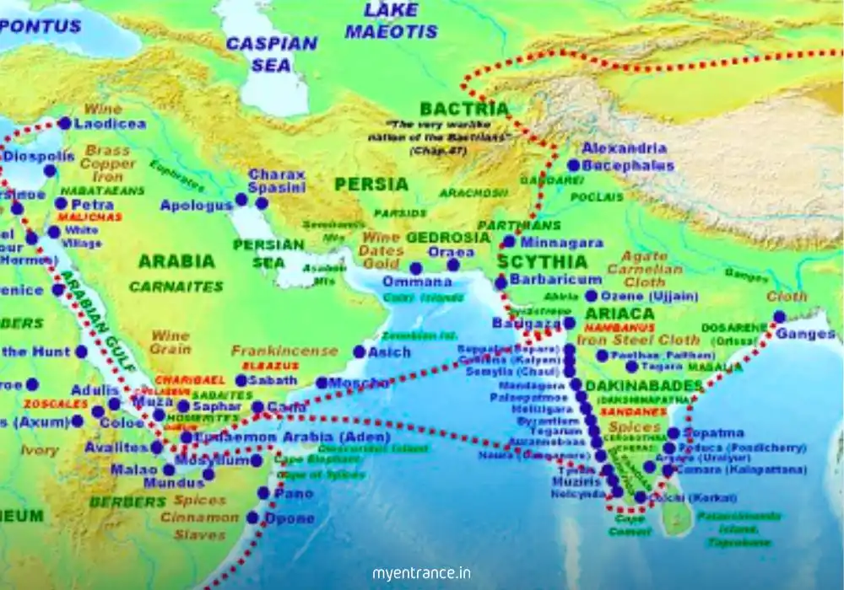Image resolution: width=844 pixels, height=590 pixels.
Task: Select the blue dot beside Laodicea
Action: point(65,123)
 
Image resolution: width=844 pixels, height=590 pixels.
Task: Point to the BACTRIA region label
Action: point(464,110)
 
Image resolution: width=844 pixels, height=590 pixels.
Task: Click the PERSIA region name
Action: point(371,184)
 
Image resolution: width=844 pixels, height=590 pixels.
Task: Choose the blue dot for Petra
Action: point(61,204)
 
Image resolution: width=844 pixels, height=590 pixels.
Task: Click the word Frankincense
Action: point(284,351)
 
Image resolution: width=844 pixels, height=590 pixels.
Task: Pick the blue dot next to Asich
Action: point(360,352)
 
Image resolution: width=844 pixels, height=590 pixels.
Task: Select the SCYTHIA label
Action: point(542,261)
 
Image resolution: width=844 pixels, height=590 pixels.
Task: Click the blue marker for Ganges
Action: point(779,317)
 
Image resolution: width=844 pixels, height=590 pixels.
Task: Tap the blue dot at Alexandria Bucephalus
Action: point(574,166)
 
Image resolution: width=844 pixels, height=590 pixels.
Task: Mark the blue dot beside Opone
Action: point(252,518)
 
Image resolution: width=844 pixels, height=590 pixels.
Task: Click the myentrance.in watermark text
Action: point(422,573)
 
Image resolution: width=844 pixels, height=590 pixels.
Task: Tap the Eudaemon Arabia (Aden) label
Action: point(291,437)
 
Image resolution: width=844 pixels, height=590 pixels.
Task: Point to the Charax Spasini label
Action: point(276,181)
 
